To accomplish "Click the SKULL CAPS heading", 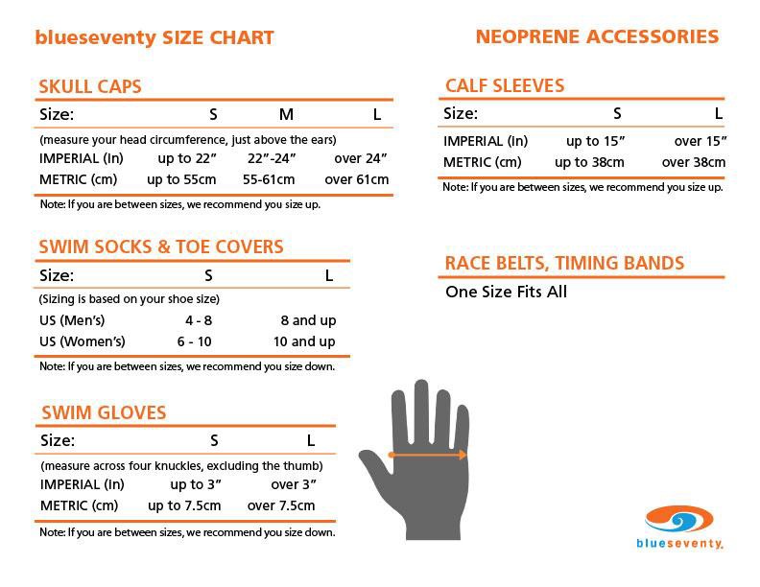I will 90,86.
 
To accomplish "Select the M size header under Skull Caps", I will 286,115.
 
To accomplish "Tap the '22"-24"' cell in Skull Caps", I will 272,158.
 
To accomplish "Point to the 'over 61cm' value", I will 357,179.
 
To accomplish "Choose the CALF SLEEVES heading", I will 505,85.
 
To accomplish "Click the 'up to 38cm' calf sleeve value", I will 590,162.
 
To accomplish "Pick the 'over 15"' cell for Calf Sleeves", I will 701,141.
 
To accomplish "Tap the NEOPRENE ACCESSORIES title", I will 597,37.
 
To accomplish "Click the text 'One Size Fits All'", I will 506,292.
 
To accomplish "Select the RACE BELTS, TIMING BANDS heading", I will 564,263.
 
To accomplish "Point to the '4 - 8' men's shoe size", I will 199,320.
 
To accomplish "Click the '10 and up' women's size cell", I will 304,341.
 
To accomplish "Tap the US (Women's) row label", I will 83,341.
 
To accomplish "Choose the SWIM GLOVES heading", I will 104,413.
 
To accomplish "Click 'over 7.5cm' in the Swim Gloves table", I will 281,505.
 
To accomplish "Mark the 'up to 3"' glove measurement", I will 196,484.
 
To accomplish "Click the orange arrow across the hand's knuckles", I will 427,455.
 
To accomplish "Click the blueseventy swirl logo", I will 679,521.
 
